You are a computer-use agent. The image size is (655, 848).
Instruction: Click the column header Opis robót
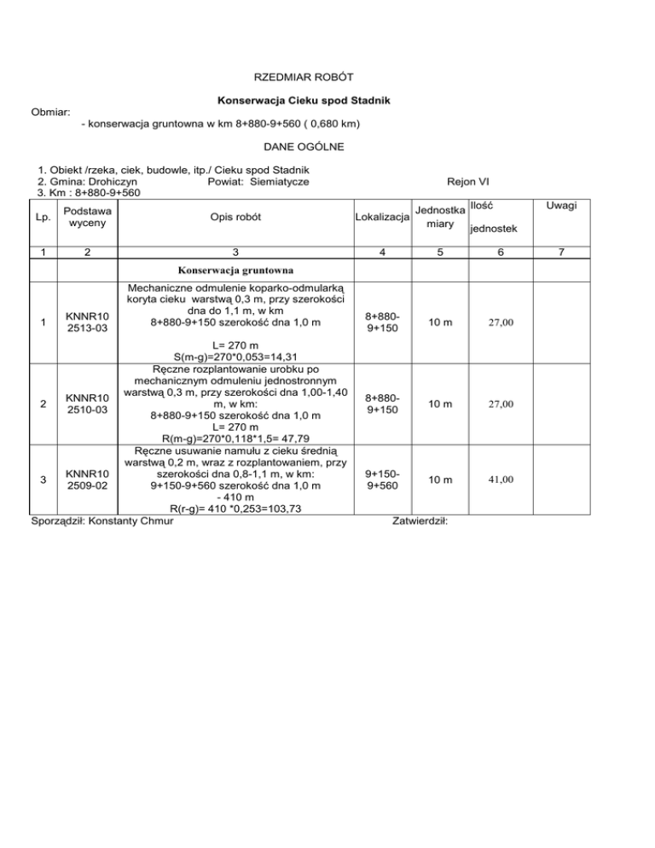(235, 217)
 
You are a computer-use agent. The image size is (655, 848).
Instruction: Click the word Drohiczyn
(119, 182)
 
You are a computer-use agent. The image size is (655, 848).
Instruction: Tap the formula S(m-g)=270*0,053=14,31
(235, 357)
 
